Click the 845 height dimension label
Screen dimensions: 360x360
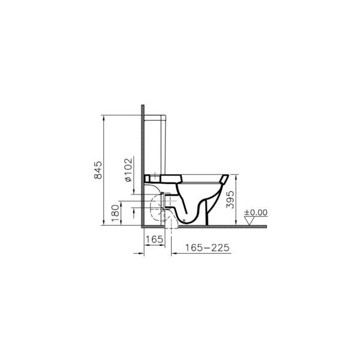(98, 170)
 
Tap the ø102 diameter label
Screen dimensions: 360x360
(129, 170)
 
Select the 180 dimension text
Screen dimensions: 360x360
(115, 213)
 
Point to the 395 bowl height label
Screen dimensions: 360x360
(230, 200)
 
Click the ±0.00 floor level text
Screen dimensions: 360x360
(256, 212)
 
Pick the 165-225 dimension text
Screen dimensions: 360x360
(208, 248)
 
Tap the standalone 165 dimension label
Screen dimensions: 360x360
(155, 239)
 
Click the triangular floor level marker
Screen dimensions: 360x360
(250, 221)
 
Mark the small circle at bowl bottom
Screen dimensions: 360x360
(184, 220)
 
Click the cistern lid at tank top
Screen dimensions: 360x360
(155, 118)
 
